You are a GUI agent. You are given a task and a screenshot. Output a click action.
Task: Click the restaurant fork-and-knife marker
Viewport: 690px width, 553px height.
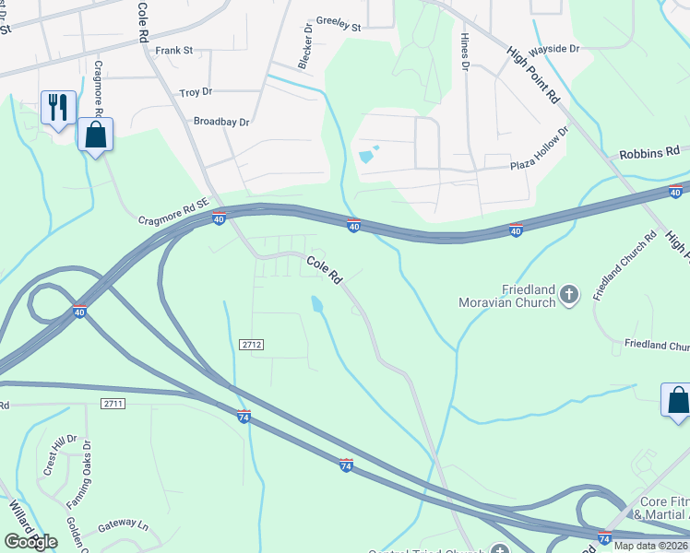point(58,108)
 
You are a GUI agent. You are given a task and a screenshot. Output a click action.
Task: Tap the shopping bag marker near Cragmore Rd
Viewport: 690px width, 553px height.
point(95,135)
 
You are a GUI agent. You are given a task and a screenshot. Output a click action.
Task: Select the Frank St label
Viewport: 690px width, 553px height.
point(173,51)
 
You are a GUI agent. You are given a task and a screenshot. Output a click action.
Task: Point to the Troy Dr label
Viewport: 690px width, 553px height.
point(196,93)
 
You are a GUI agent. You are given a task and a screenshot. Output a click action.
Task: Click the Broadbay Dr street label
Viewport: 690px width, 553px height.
point(221,122)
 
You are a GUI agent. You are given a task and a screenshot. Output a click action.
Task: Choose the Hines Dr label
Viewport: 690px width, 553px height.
point(465,52)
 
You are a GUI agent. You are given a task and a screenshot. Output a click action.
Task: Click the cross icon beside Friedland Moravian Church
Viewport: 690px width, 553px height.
point(569,295)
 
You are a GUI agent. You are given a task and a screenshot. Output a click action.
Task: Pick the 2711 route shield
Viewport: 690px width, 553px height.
point(113,404)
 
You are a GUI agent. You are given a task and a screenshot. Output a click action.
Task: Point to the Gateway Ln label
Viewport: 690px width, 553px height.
point(123,524)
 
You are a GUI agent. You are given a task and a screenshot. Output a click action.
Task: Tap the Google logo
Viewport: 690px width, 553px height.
point(30,541)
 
